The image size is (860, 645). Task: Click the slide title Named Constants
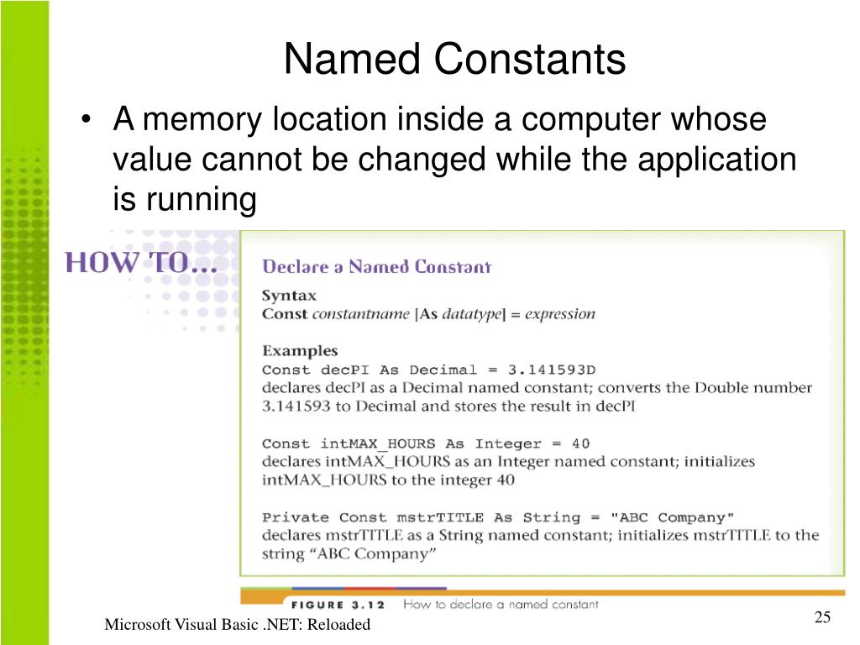454,60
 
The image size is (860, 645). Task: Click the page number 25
822,618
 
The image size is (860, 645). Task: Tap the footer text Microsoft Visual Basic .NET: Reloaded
238,625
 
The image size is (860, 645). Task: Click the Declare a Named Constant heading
376,267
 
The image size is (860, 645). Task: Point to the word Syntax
289,296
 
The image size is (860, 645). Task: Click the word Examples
300,351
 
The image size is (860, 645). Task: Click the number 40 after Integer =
580,443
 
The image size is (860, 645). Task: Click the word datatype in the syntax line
471,314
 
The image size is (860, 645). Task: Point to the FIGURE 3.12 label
341,604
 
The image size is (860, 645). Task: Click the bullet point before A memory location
87,120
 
